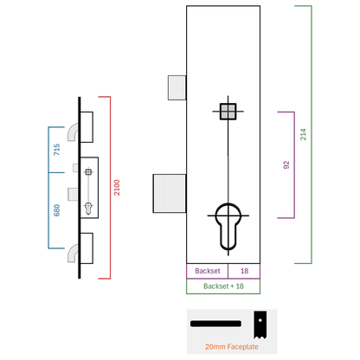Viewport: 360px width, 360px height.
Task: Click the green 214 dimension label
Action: pyautogui.click(x=303, y=134)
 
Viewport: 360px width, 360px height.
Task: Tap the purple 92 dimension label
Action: pyautogui.click(x=286, y=165)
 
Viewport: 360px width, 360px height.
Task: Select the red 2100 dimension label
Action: pyautogui.click(x=117, y=188)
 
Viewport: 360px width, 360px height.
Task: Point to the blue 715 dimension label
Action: pyautogui.click(x=57, y=150)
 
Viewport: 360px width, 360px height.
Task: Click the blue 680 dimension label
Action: pyautogui.click(x=57, y=210)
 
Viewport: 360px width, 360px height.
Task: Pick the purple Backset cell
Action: pyautogui.click(x=207, y=271)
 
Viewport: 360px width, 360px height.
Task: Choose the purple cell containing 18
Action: pyautogui.click(x=244, y=271)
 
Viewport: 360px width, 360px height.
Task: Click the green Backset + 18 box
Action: pyautogui.click(x=223, y=286)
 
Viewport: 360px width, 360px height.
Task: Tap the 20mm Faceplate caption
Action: pyautogui.click(x=232, y=347)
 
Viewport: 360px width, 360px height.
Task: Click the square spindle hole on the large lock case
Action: pyautogui.click(x=228, y=112)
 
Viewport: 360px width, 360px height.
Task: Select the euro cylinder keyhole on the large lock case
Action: pyautogui.click(x=228, y=227)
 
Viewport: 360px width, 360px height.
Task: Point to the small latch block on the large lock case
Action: pyautogui.click(x=177, y=87)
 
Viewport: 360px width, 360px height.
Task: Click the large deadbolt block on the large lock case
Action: pyautogui.click(x=170, y=194)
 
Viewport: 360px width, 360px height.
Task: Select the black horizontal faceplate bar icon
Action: pyautogui.click(x=215, y=324)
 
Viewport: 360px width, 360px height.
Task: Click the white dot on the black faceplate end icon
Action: pyautogui.click(x=260, y=320)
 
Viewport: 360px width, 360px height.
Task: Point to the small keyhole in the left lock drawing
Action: pyautogui.click(x=88, y=209)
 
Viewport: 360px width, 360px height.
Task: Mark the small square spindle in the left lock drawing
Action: pyautogui.click(x=88, y=172)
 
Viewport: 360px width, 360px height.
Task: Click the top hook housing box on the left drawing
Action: pyautogui.click(x=87, y=127)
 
